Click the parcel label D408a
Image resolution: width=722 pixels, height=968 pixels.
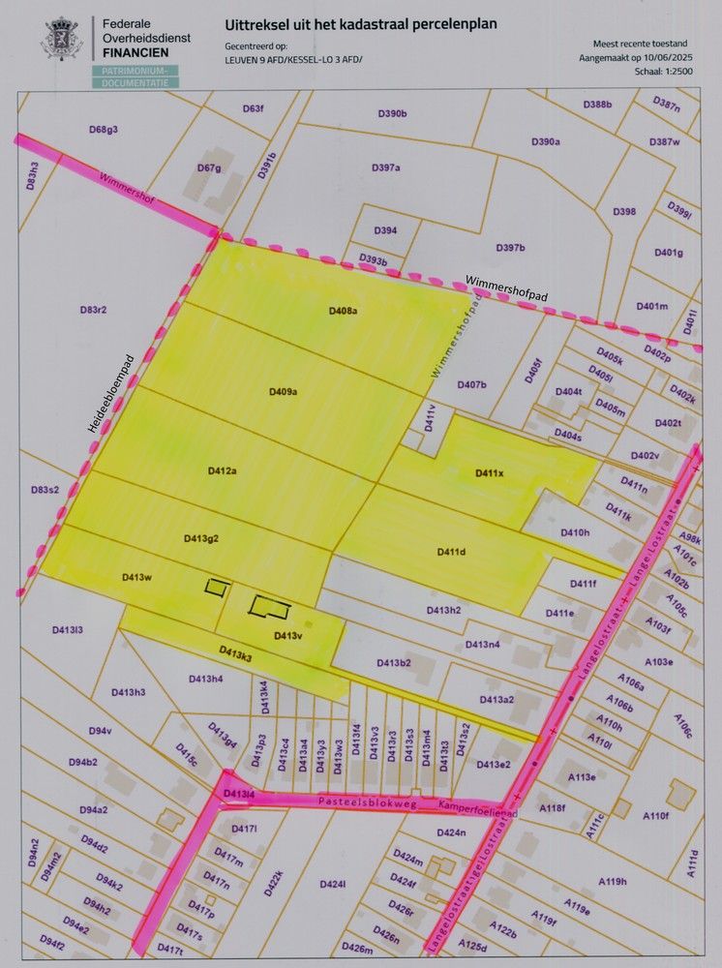[x=343, y=311]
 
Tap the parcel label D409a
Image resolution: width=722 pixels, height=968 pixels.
[x=283, y=391]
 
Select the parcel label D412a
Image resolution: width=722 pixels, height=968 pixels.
[x=222, y=470]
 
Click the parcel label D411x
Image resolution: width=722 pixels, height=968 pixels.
[x=490, y=472]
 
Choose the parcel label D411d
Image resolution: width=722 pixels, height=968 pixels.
[x=451, y=551]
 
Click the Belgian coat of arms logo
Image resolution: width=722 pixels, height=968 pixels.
[x=62, y=39]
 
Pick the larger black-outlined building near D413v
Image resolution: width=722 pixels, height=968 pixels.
[x=270, y=607]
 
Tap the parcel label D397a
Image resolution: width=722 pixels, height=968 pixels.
[x=385, y=167]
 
